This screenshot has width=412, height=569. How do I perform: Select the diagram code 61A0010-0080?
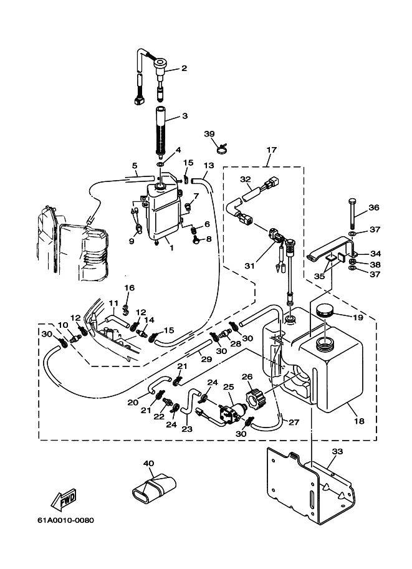65,520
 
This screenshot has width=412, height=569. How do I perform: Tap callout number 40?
149,464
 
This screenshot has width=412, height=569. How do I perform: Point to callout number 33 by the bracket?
337,451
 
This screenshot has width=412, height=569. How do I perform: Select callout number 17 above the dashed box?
272,150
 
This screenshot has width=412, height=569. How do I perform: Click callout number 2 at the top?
184,68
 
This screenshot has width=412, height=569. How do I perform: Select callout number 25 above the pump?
229,387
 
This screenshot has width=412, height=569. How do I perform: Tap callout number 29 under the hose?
206,359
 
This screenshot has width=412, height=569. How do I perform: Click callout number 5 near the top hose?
135,166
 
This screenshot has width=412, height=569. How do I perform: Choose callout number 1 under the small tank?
171,248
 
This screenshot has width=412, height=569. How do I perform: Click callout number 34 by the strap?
375,253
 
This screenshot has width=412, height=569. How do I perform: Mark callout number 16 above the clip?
129,288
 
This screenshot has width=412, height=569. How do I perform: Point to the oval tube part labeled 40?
153,489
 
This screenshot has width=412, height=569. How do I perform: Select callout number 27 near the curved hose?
294,422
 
